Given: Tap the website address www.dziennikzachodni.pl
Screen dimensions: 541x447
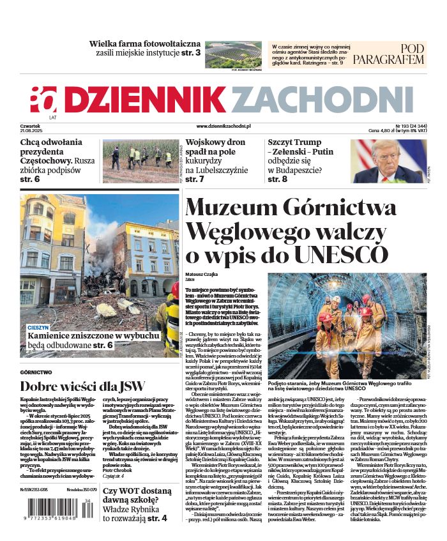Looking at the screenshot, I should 223,127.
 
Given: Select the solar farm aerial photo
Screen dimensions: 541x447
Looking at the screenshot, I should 233,54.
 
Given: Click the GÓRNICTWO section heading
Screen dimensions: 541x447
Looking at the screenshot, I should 36,372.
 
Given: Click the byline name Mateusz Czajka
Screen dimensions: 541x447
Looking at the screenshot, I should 202,273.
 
